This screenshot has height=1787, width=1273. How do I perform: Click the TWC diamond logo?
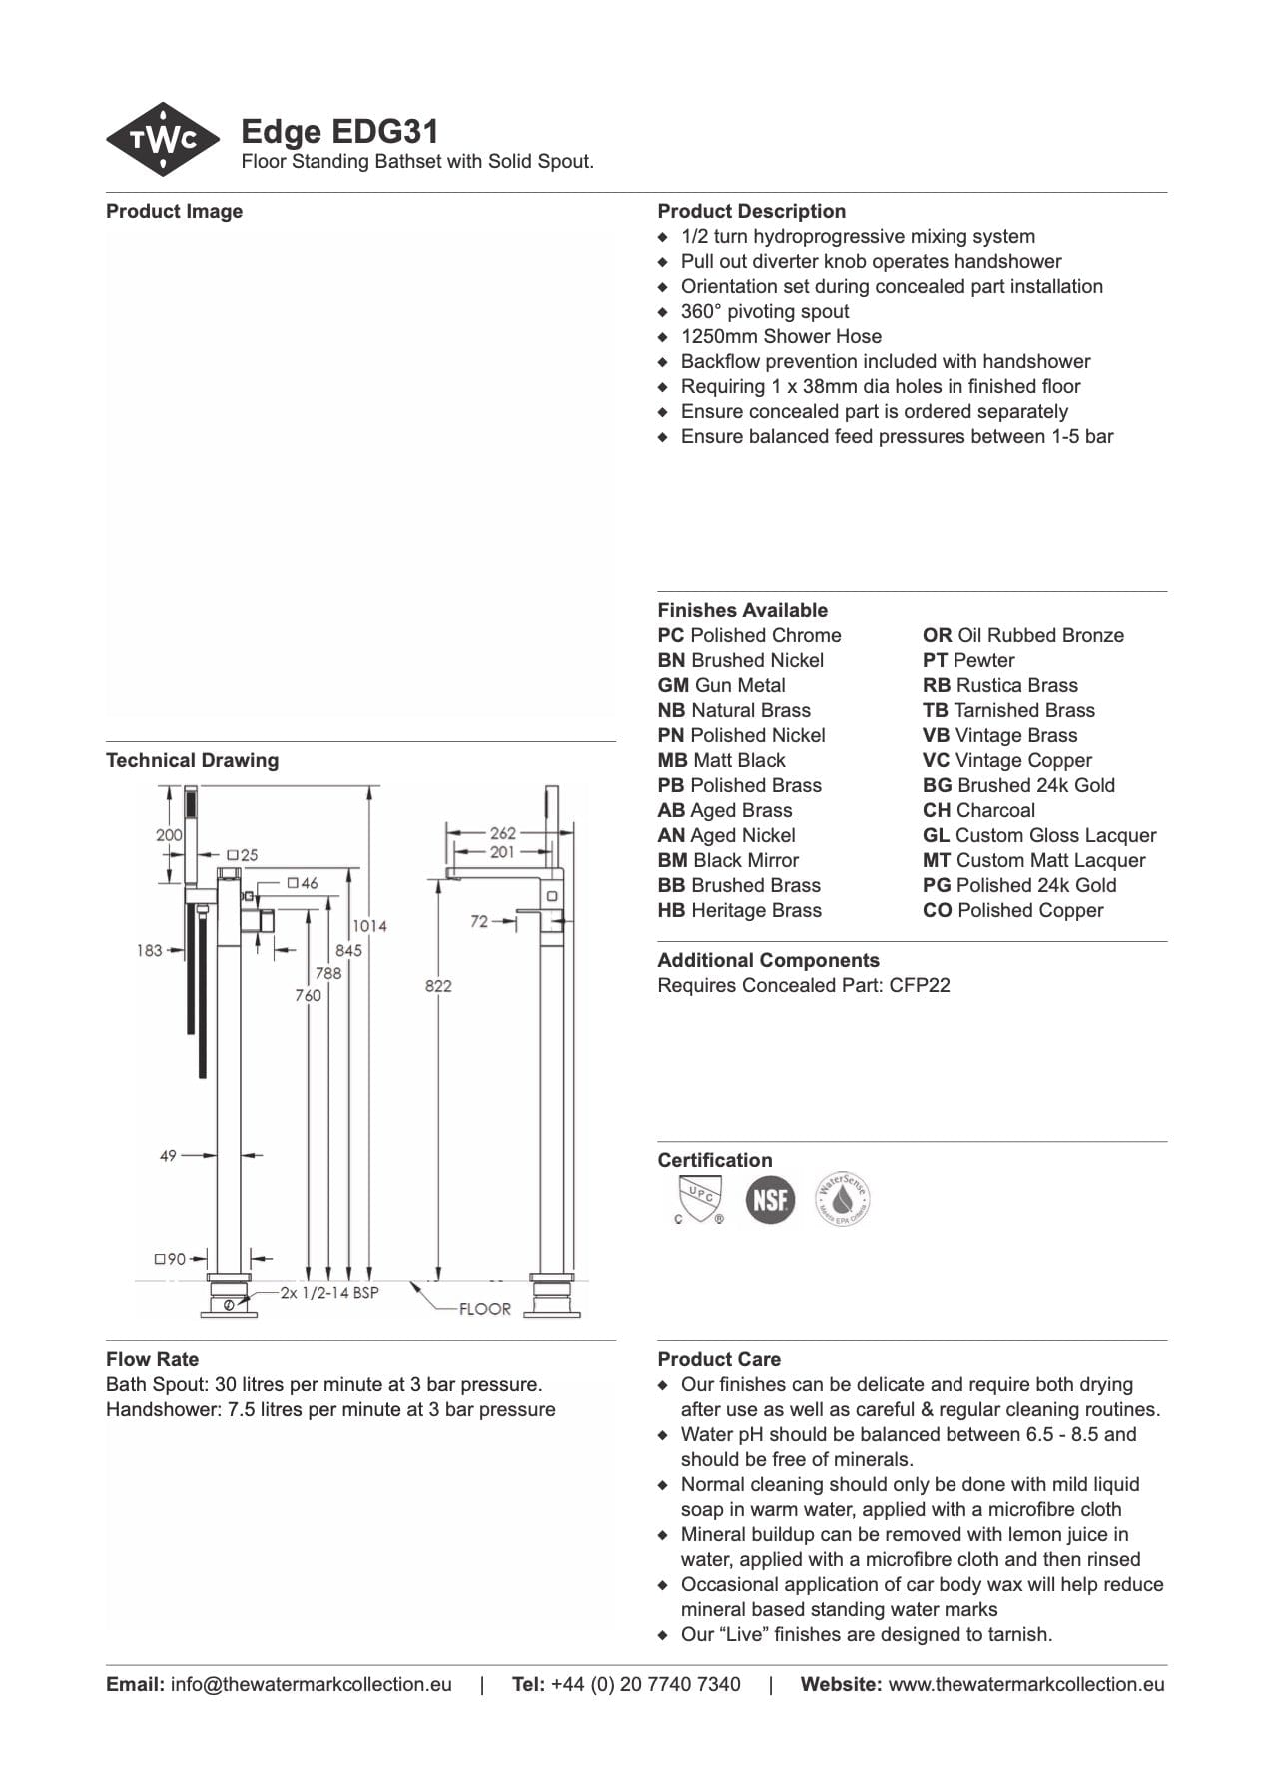coord(163,140)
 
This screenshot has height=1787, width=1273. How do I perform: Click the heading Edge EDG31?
coord(339,132)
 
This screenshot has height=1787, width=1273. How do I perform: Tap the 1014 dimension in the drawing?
coord(369,926)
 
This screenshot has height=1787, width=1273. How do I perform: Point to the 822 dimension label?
coord(438,986)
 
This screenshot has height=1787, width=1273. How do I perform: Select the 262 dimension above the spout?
coord(503,833)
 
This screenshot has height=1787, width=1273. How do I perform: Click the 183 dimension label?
coord(149,950)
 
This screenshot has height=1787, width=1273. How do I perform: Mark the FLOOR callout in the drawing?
coord(485,1309)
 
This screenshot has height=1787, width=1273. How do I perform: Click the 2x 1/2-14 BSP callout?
coord(329,1292)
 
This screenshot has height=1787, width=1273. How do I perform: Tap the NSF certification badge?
coord(770,1199)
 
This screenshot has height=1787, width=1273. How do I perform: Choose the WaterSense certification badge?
coord(843,1199)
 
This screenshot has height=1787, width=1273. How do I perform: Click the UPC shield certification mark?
coord(699,1199)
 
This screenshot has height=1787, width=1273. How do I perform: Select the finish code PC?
coord(670,636)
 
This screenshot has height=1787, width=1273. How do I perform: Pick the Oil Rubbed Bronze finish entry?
coord(1023,636)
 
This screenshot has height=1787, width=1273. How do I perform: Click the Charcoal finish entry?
coord(978,811)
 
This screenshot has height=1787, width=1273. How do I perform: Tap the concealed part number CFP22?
coord(920,986)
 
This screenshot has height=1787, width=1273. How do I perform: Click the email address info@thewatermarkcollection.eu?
coord(311,1684)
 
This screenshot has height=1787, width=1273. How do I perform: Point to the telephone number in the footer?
coord(645,1684)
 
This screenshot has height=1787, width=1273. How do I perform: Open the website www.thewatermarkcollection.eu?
coord(1025,1684)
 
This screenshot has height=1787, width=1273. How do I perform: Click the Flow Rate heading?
coord(152,1359)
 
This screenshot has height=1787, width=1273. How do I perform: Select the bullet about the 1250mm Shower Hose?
coord(781,337)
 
